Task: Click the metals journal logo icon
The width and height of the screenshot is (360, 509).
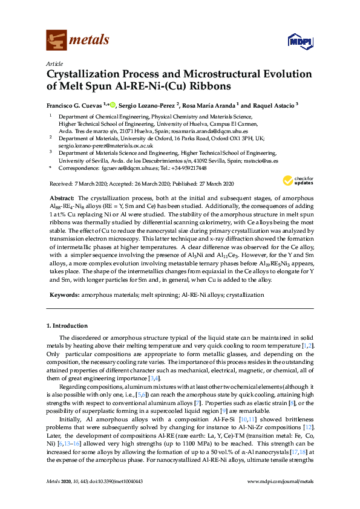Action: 57,41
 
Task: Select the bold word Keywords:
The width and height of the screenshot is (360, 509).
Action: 64,295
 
